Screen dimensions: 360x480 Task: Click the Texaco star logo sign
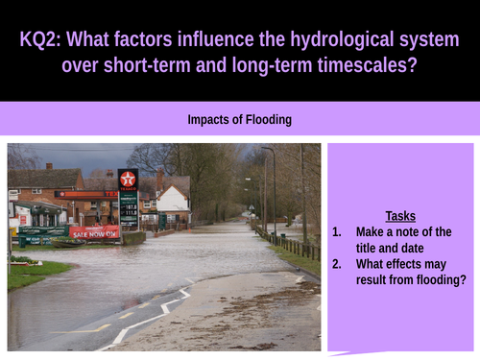[x=128, y=179]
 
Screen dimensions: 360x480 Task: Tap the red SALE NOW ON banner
[x=94, y=232]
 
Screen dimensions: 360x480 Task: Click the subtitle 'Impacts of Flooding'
[x=240, y=120]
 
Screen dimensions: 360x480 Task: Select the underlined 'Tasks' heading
[x=400, y=216]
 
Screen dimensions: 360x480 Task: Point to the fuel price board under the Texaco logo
[x=128, y=205]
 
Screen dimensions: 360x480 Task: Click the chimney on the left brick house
[x=49, y=166]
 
